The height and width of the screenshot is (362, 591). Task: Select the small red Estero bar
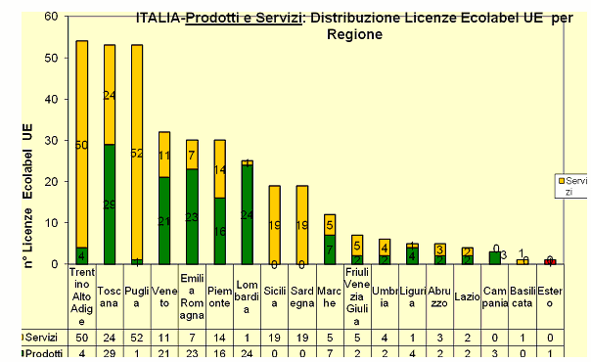point(551,261)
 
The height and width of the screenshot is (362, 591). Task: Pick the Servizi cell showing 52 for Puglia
point(137,338)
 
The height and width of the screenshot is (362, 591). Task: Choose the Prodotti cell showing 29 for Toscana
point(110,353)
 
